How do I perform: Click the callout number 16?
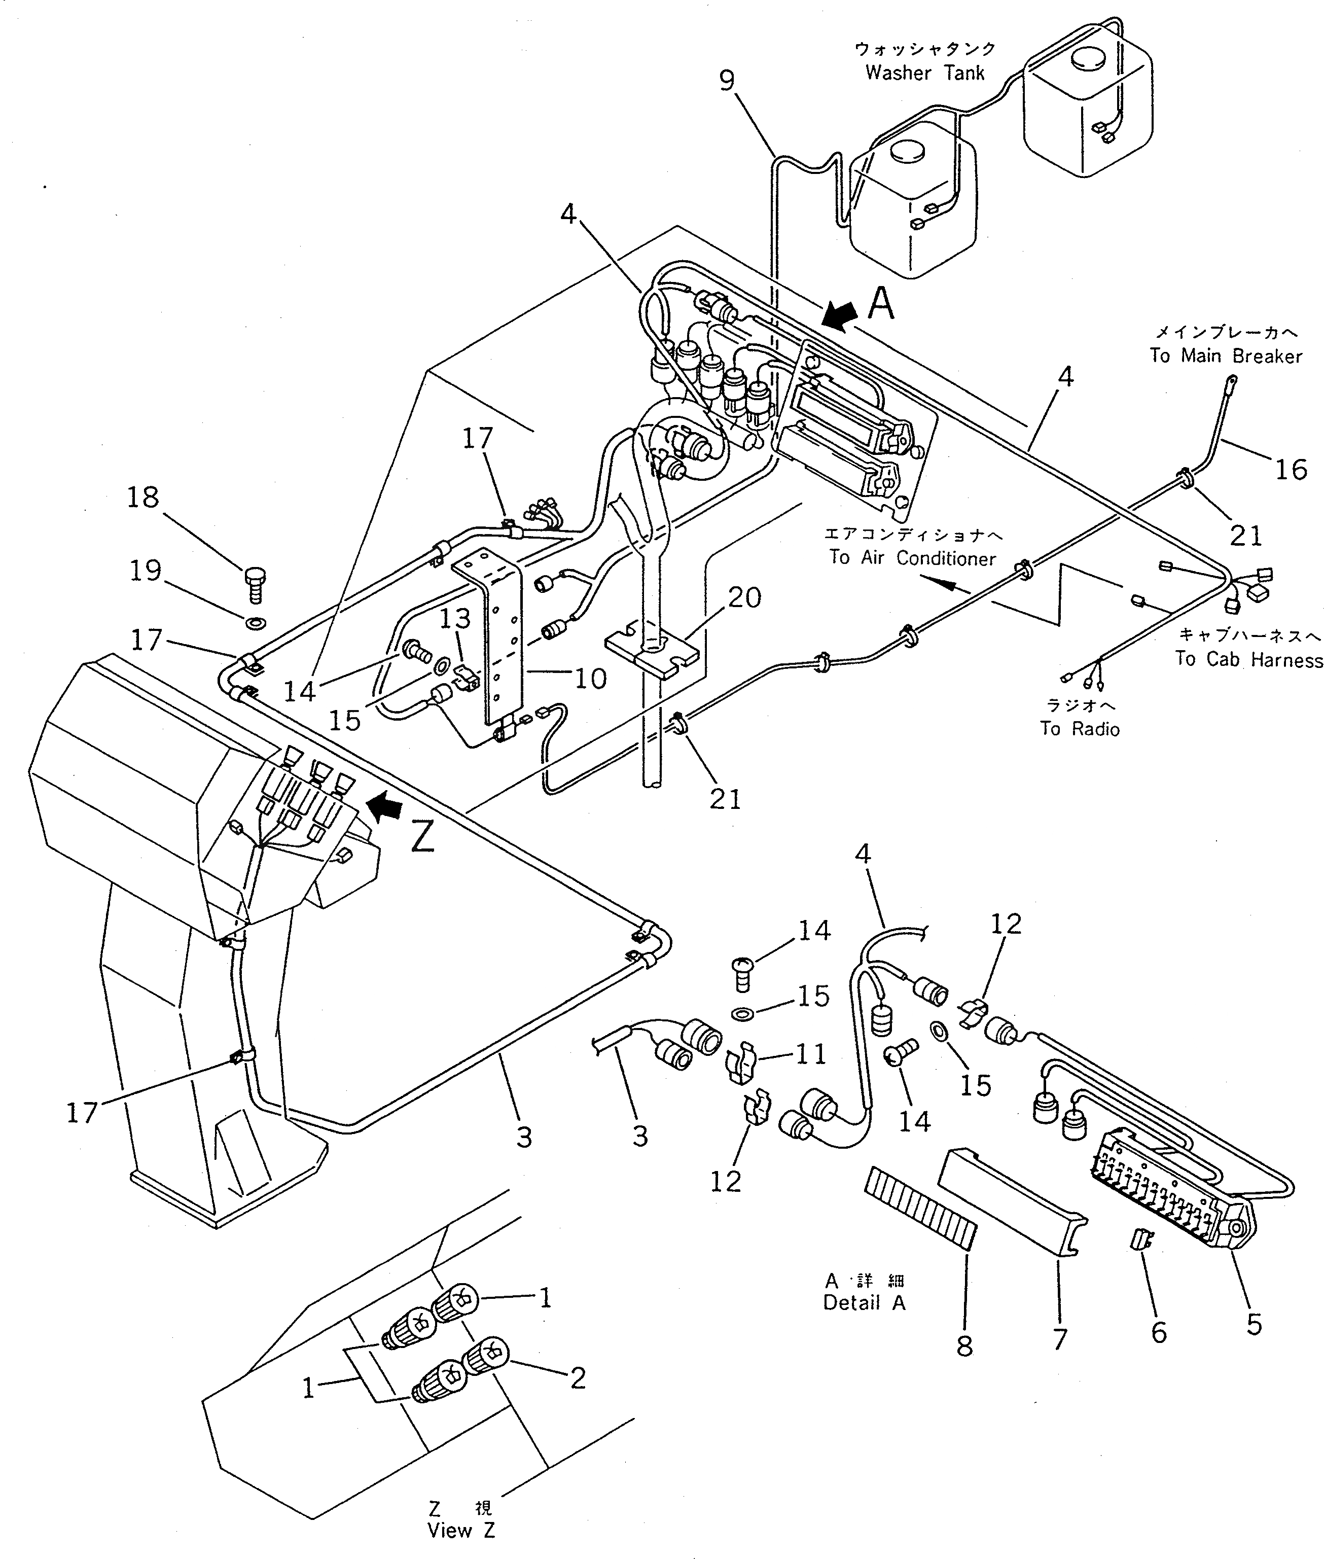[x=1291, y=469]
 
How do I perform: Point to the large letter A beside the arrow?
[x=881, y=305]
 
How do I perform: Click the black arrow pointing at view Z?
[x=384, y=808]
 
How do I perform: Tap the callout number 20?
[x=744, y=597]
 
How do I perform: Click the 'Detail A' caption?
[x=864, y=1302]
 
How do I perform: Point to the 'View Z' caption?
[x=461, y=1531]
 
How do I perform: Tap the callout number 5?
[x=1254, y=1325]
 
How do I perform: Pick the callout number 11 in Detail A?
[x=811, y=1054]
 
